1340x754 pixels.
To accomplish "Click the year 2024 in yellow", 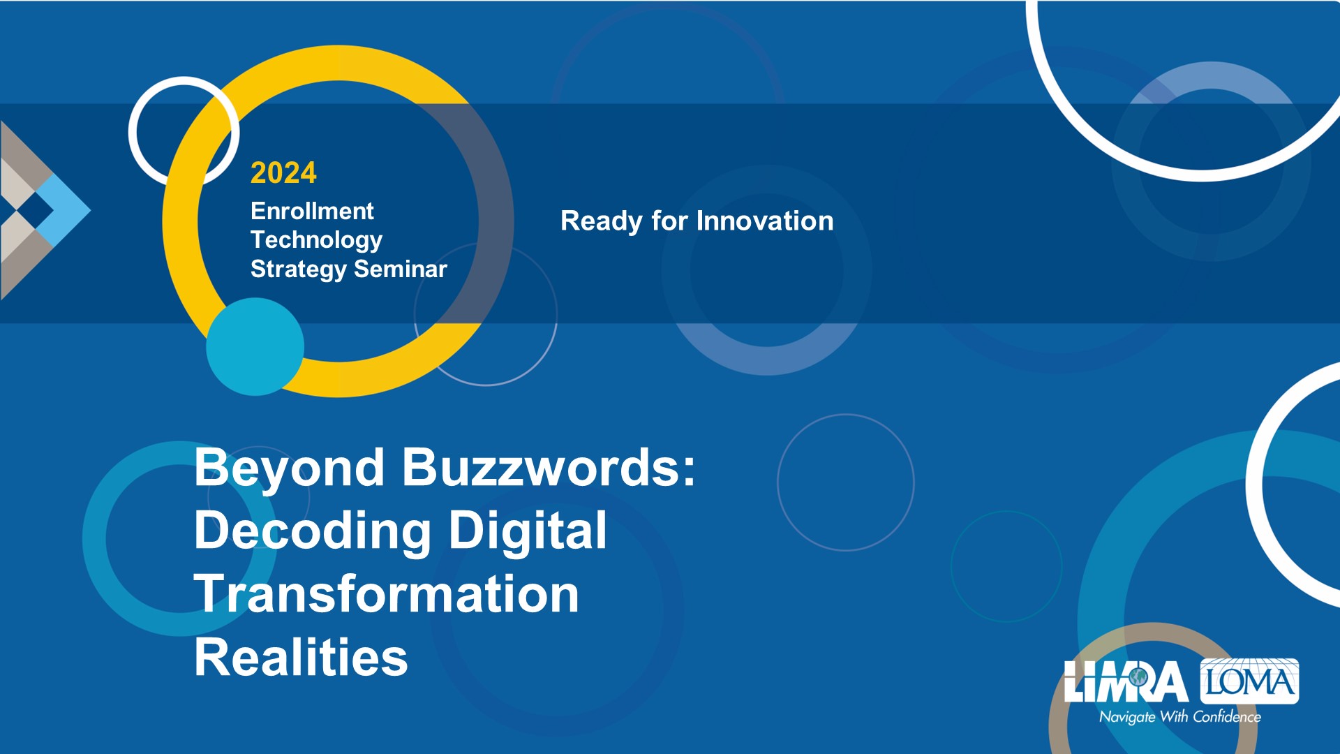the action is tap(283, 172).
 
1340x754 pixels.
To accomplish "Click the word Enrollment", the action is tap(312, 211).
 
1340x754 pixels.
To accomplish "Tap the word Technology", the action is tap(316, 240).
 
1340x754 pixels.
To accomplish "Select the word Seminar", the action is tap(401, 269).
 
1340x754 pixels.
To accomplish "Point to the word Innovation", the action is tap(765, 221).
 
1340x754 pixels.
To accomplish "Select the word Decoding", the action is tap(313, 532).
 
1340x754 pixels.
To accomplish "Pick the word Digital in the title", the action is tap(528, 532).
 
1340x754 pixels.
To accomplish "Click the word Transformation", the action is tap(387, 594).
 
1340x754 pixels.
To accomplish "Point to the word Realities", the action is tap(301, 657).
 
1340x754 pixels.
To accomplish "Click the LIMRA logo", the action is tap(1126, 681).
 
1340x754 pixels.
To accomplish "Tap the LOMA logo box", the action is tap(1249, 681).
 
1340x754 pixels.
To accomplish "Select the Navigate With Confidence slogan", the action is tap(1180, 717).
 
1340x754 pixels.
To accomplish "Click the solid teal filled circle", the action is tap(255, 347).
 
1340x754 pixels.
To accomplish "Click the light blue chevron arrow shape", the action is tap(63, 209).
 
